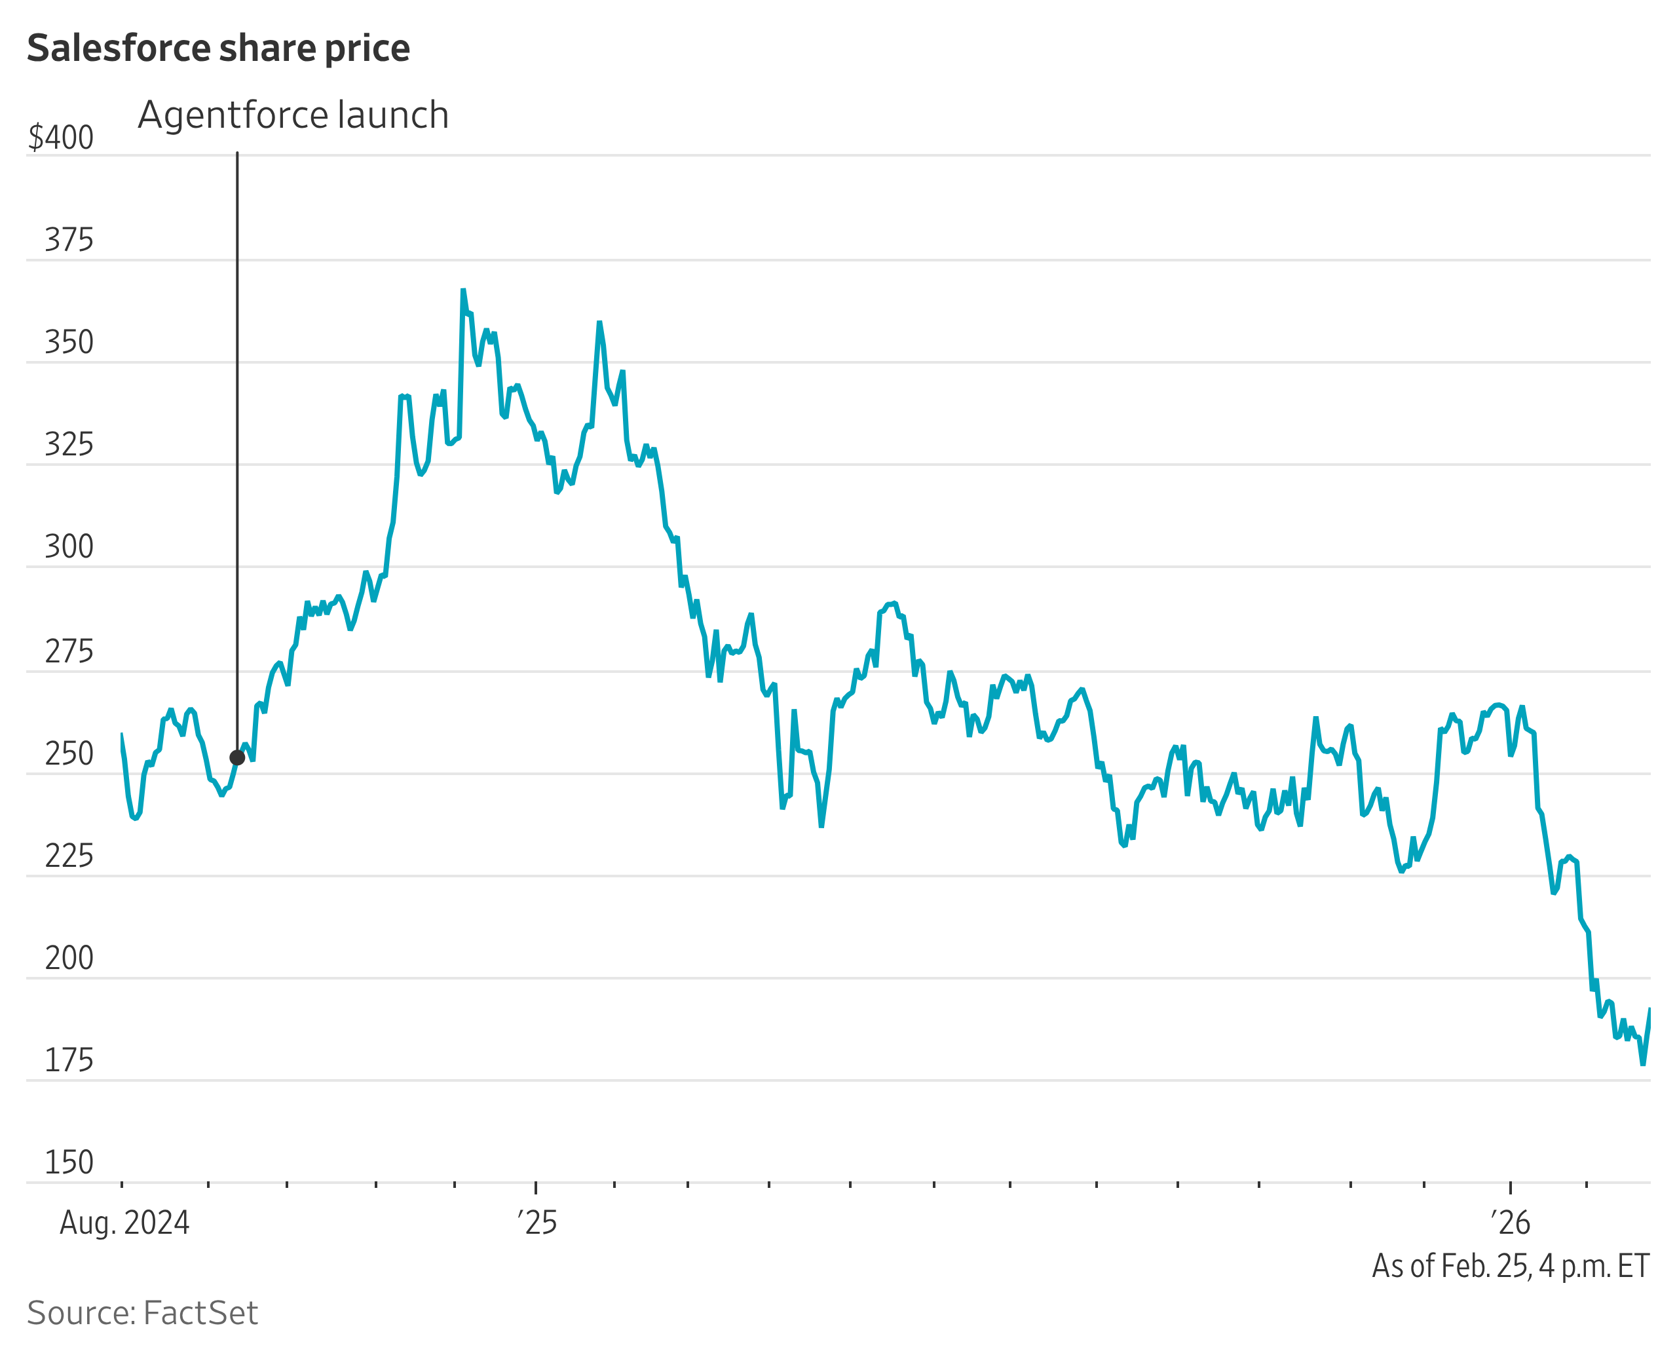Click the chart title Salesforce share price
coord(218,48)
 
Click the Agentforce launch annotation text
coord(293,115)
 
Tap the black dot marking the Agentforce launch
coord(237,757)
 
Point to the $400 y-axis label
coord(61,138)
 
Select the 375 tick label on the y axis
coord(69,240)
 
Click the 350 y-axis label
coord(69,342)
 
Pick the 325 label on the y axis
coord(69,445)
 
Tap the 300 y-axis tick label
coord(69,547)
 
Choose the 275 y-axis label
coord(69,651)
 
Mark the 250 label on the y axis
coord(69,754)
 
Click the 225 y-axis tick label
coord(69,856)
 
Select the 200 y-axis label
coord(69,959)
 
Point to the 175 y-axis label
coord(69,1061)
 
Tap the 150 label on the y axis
coord(69,1163)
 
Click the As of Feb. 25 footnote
coord(1510,1267)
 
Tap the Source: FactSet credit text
coord(142,1313)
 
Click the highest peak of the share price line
coord(463,291)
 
